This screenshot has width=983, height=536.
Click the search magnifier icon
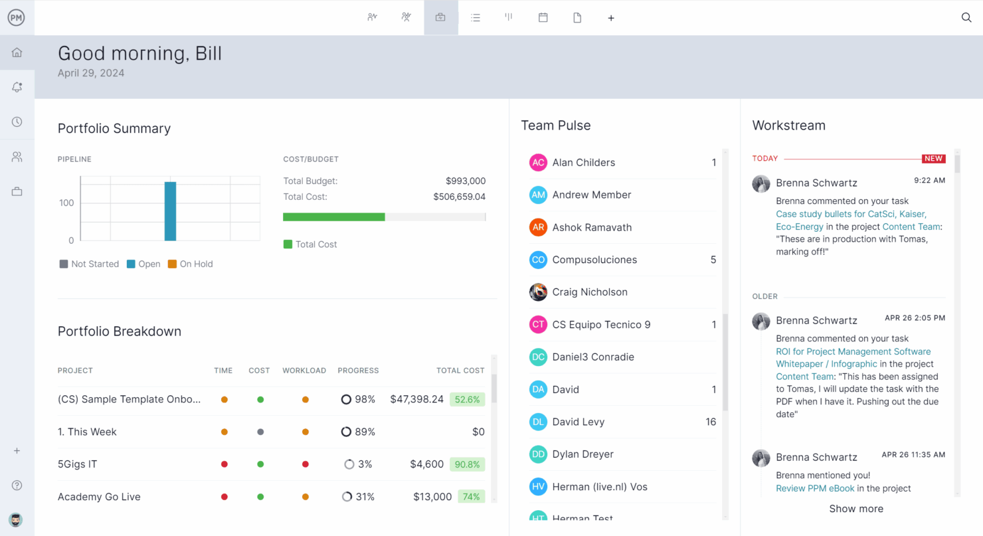(966, 18)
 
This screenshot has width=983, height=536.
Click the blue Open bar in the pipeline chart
(170, 211)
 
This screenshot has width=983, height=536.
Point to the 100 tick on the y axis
(66, 203)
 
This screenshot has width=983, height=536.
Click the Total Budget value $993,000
(465, 181)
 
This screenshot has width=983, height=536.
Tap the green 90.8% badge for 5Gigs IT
(467, 464)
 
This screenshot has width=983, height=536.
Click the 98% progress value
(365, 399)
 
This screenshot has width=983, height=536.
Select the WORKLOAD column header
(304, 371)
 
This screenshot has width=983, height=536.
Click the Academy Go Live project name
(99, 497)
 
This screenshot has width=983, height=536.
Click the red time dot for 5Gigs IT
(224, 464)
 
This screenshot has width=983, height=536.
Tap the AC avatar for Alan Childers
(538, 163)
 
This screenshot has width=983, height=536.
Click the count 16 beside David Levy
(711, 422)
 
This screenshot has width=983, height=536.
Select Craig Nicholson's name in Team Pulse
(590, 292)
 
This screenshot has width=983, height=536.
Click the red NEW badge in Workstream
(933, 159)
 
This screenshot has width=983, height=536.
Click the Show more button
(856, 509)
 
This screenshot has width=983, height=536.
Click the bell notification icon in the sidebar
(17, 87)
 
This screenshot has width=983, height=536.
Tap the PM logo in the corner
(17, 18)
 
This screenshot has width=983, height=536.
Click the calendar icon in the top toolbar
(543, 18)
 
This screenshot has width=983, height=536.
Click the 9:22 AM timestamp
(929, 181)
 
